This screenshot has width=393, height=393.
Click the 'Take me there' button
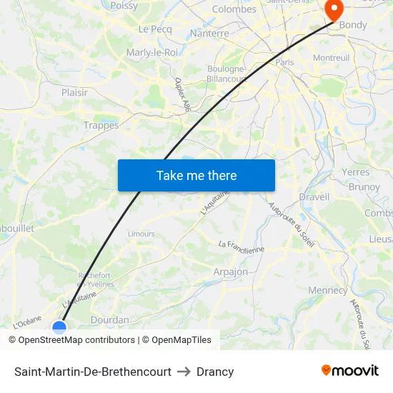pyautogui.click(x=196, y=176)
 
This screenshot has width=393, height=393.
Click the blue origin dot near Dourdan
pyautogui.click(x=59, y=327)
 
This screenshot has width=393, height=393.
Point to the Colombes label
pyautogui.click(x=234, y=9)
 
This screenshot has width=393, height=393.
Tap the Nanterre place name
pyautogui.click(x=210, y=34)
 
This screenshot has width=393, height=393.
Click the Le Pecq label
pyautogui.click(x=155, y=29)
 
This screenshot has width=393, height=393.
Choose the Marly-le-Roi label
pyautogui.click(x=152, y=52)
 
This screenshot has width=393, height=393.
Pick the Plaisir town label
pyautogui.click(x=75, y=92)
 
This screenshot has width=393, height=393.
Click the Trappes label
pyautogui.click(x=101, y=125)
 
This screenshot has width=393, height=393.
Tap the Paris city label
pyautogui.click(x=285, y=62)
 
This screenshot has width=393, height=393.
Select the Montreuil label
pyautogui.click(x=331, y=57)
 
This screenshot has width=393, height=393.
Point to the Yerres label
pyautogui.click(x=356, y=172)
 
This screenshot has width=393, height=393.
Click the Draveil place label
pyautogui.click(x=314, y=196)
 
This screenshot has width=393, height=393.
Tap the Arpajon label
pyautogui.click(x=230, y=272)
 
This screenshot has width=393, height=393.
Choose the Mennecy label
pyautogui.click(x=327, y=290)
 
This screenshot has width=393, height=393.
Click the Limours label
pyautogui.click(x=141, y=234)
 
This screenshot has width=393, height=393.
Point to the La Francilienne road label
pyautogui.click(x=242, y=247)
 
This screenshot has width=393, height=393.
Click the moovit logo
pyautogui.click(x=350, y=370)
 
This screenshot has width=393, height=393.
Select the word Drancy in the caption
pyautogui.click(x=215, y=372)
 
